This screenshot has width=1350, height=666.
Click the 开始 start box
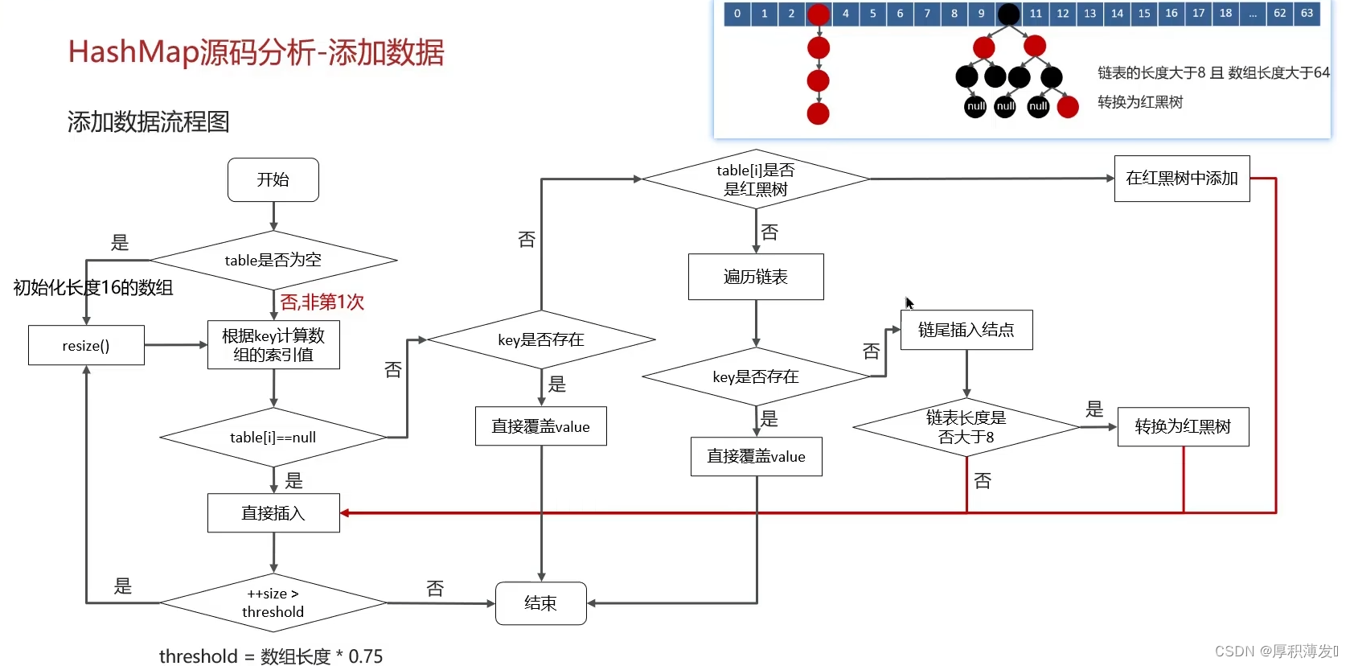273,179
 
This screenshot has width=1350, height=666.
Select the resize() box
86,345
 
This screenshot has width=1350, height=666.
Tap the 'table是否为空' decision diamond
273,260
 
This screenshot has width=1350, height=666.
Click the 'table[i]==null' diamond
273,438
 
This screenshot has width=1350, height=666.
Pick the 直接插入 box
273,512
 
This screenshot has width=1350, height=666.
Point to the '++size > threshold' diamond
273,602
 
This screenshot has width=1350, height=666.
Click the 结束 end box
540,603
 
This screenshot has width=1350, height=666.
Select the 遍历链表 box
756,277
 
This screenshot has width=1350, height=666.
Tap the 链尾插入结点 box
966,330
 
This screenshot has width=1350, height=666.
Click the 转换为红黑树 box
1183,426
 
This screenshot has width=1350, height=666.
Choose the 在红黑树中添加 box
1182,179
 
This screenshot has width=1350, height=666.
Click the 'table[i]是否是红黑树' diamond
756,179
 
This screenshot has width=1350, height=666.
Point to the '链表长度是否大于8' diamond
966,427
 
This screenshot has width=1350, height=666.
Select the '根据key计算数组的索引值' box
273,345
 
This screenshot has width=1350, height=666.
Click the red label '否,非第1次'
322,302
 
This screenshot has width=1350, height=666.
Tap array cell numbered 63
1307,14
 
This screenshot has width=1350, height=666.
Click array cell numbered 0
737,14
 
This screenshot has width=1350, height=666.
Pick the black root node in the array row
1008,14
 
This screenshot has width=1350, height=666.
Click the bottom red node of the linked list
819,113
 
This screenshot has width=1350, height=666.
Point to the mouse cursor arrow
909,302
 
